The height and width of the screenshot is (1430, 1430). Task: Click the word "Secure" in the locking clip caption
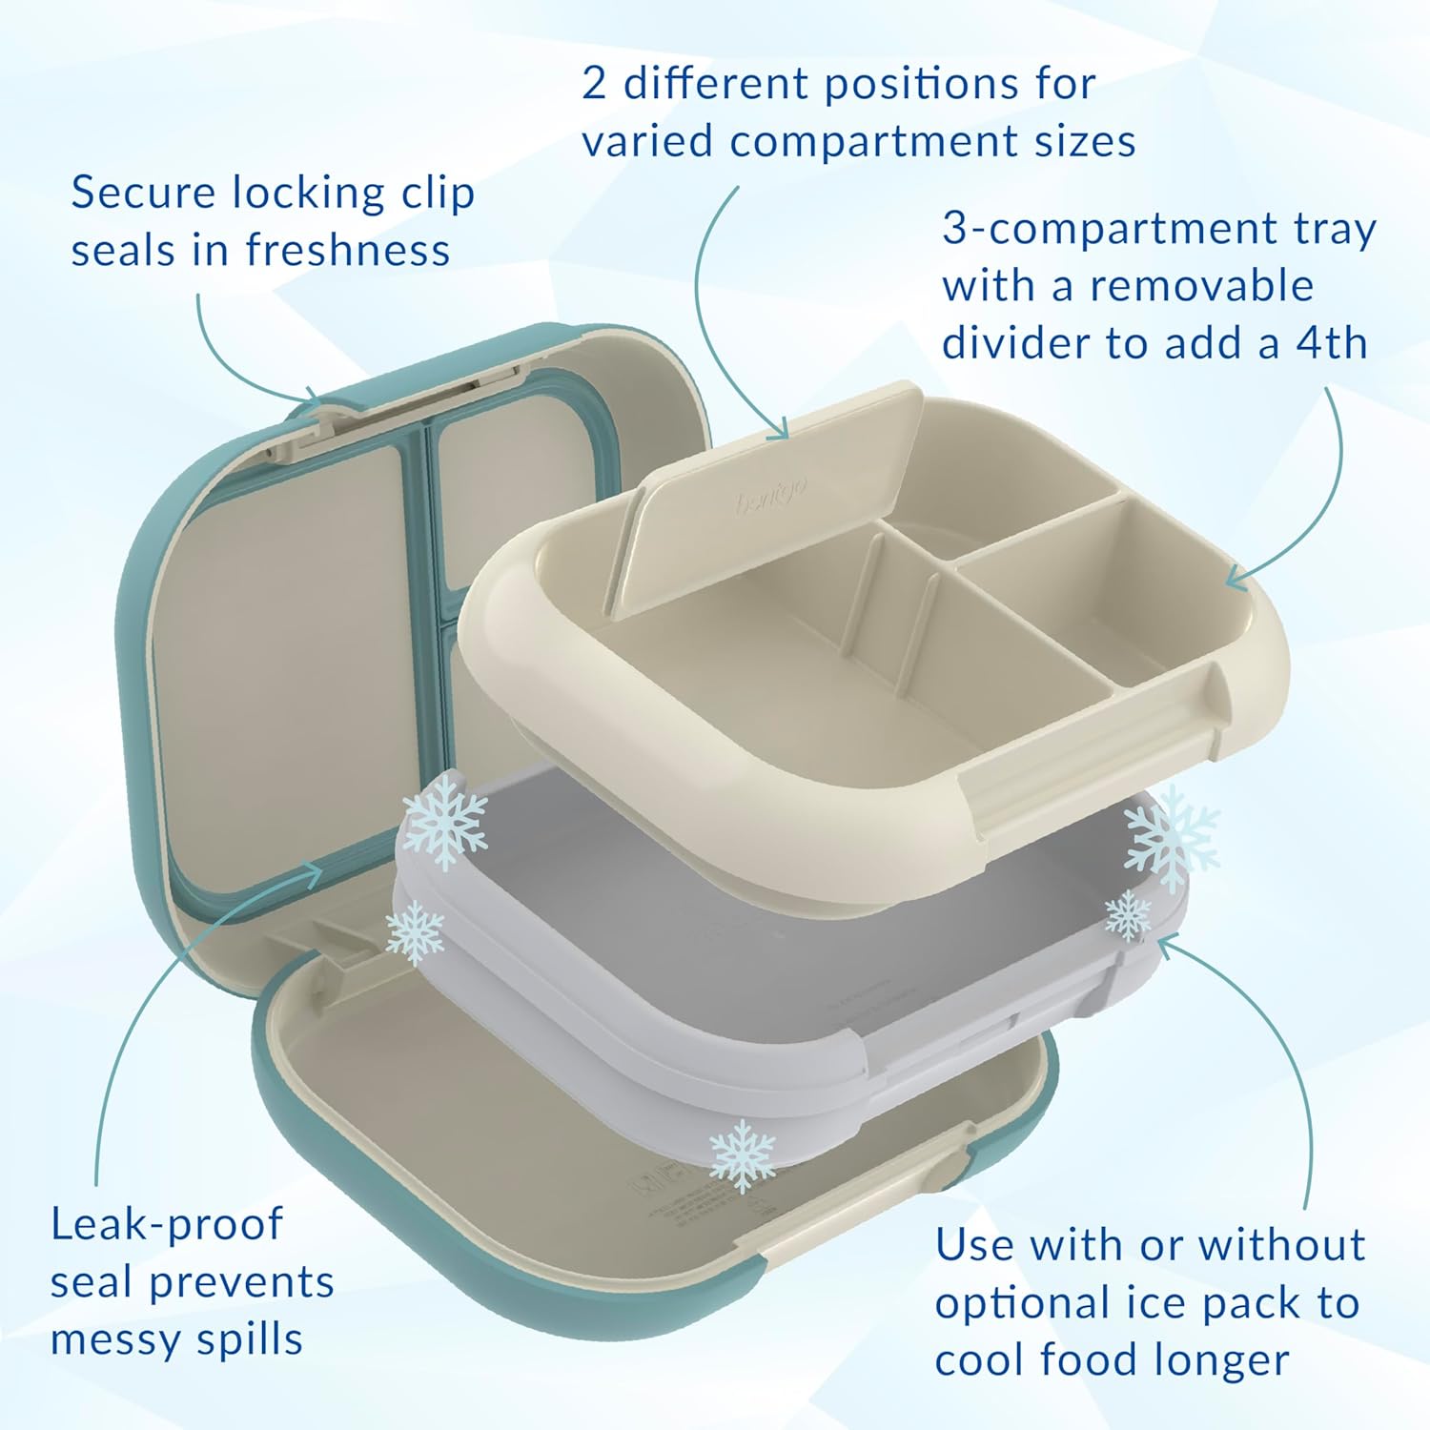coord(143,193)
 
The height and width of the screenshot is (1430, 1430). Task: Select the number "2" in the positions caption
coord(593,84)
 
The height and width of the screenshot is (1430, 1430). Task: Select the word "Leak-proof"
coord(167,1224)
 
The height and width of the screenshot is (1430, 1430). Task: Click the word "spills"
coord(249,1339)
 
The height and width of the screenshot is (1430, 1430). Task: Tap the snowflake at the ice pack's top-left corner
coord(444,820)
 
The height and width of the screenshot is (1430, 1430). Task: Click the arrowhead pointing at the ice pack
coord(1168,944)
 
